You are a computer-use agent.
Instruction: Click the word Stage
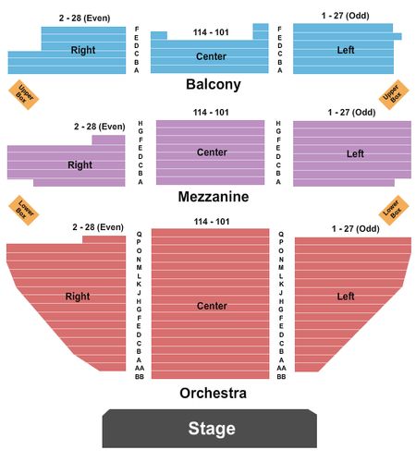212,429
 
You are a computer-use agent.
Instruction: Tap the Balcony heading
214,84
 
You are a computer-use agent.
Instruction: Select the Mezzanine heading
214,197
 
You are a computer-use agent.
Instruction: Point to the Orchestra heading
213,393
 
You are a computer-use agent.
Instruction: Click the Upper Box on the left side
24,94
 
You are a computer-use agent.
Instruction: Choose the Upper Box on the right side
394,94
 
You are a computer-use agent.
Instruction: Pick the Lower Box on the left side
24,211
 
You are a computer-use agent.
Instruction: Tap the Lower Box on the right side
394,211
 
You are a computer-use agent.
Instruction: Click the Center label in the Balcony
211,56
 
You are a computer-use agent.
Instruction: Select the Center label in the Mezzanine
212,152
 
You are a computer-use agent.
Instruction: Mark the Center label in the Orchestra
212,306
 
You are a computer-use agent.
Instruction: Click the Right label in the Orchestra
78,297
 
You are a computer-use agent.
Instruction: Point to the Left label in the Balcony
346,50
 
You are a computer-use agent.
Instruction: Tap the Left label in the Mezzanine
355,153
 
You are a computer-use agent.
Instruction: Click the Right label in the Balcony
83,50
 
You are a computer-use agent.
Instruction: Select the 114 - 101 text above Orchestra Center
212,222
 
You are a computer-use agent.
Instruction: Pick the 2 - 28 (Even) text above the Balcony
85,18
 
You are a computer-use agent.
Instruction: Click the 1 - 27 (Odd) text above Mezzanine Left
351,113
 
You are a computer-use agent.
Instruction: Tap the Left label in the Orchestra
346,297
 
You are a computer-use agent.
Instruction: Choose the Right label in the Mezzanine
80,165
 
